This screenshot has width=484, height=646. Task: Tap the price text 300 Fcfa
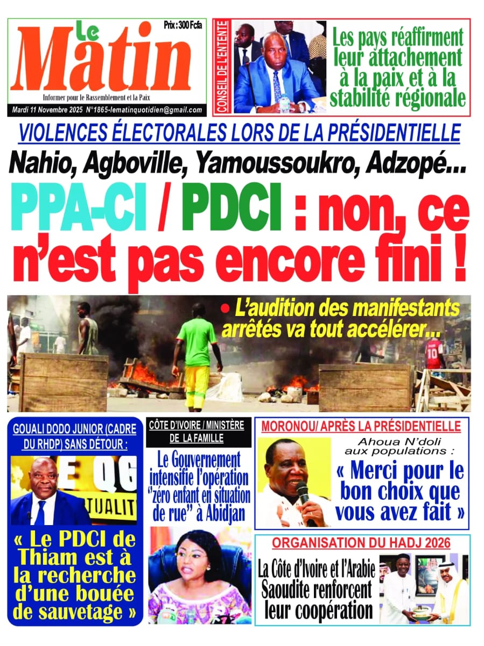click(190, 25)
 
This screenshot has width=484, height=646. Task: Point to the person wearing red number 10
click(434, 355)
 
